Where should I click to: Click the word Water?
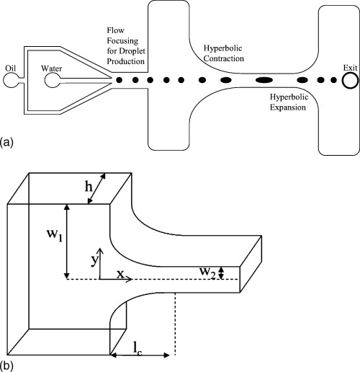53,70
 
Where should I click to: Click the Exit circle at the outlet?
350,79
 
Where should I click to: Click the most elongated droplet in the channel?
264,79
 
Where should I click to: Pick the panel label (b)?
9,365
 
